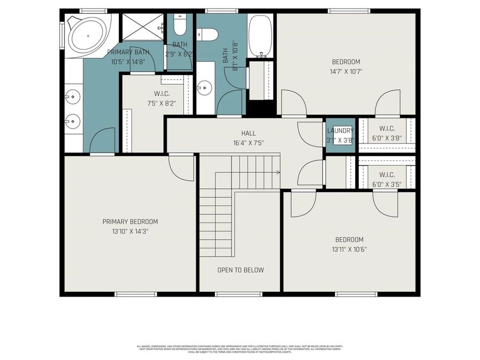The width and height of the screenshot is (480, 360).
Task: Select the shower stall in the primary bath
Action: click(142, 27)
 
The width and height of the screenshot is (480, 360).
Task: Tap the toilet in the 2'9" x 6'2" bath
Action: click(180, 27)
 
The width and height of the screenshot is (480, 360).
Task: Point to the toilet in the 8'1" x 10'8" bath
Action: click(208, 35)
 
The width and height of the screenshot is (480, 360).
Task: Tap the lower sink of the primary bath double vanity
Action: click(73, 121)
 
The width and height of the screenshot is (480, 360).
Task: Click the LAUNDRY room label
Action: click(340, 131)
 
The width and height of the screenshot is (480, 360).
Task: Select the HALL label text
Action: click(248, 133)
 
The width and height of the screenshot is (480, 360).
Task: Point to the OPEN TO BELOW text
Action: click(240, 270)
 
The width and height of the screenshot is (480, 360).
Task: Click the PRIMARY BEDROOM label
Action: click(130, 222)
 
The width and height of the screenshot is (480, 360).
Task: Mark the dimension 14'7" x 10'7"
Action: click(346, 71)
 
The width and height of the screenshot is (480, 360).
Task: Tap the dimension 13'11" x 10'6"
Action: click(349, 249)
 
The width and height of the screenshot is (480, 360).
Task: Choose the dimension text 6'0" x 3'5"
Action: click(387, 184)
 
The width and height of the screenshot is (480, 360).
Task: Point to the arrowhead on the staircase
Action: click(278, 172)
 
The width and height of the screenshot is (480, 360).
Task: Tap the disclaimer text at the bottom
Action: click(240, 349)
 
